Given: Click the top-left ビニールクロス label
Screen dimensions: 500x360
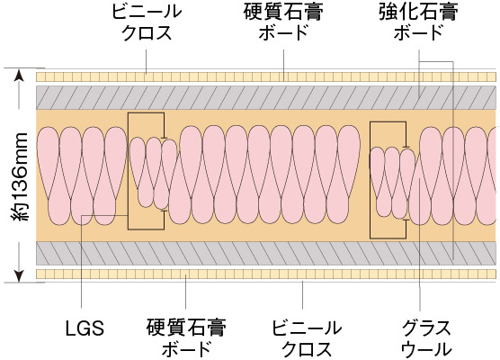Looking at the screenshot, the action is pyautogui.click(x=147, y=22).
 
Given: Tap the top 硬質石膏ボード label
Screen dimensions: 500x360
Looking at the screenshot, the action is pyautogui.click(x=283, y=22).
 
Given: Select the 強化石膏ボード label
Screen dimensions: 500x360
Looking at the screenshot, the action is pyautogui.click(x=418, y=22).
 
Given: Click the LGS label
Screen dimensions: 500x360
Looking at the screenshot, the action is pyautogui.click(x=85, y=328).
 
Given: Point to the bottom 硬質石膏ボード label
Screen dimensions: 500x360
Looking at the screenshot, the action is pyautogui.click(x=186, y=338).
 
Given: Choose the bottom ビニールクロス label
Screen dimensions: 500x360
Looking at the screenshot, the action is pyautogui.click(x=307, y=338).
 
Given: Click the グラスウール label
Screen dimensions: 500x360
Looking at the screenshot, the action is pyautogui.click(x=426, y=338).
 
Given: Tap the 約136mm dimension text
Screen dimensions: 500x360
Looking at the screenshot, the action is pyautogui.click(x=20, y=176).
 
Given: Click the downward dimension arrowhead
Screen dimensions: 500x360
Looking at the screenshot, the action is pyautogui.click(x=20, y=276).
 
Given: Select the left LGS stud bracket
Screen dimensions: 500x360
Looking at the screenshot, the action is pyautogui.click(x=147, y=171).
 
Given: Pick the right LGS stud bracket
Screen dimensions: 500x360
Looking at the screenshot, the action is pyautogui.click(x=389, y=180).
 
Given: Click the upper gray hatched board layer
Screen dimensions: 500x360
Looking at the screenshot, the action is pyautogui.click(x=266, y=97).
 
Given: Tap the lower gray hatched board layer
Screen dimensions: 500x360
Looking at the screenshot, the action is pyautogui.click(x=266, y=254).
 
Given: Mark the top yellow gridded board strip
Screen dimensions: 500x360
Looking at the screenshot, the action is pyautogui.click(x=266, y=76).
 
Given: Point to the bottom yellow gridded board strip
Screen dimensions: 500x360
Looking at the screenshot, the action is pyautogui.click(x=266, y=274).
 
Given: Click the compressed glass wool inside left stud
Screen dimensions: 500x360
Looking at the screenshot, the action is pyautogui.click(x=154, y=174).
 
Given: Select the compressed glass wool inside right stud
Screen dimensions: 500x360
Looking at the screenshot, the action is pyautogui.click(x=393, y=183).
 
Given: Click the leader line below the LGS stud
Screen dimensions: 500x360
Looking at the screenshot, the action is pyautogui.click(x=82, y=262).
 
